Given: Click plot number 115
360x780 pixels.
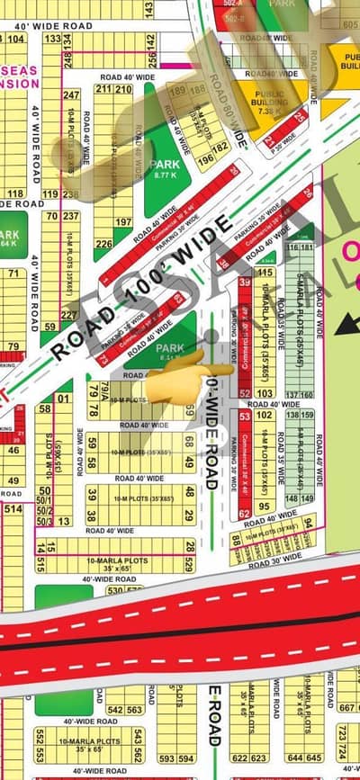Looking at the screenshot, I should [x=265, y=272].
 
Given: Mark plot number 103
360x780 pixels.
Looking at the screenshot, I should [x=265, y=393].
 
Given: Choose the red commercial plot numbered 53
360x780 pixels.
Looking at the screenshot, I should [x=245, y=416].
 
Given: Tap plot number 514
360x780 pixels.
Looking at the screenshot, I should [x=13, y=509].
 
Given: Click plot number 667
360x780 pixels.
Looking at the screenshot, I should [x=347, y=706].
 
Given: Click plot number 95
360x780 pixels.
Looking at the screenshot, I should [x=265, y=507].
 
